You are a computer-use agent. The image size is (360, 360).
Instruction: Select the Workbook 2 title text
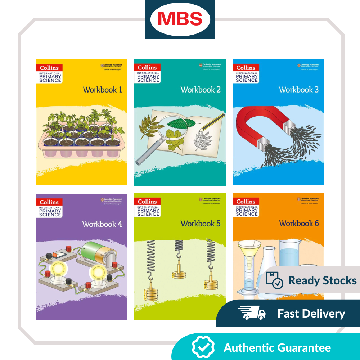[201, 90]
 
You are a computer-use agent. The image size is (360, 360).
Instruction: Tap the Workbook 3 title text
[298, 90]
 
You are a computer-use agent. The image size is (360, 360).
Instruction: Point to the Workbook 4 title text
[102, 224]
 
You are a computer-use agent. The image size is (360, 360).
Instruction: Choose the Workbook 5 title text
[201, 224]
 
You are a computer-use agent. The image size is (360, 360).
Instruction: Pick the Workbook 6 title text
[299, 224]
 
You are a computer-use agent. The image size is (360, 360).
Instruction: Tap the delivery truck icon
[252, 314]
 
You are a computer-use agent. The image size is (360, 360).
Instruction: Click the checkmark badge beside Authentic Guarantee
[203, 348]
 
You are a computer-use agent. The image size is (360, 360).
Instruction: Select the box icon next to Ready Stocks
[274, 280]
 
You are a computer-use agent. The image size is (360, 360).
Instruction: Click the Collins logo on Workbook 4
[49, 202]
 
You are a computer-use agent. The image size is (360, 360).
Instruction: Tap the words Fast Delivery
[311, 314]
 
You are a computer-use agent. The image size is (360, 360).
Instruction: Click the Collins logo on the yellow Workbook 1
[49, 68]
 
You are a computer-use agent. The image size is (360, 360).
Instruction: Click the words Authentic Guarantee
[277, 348]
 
